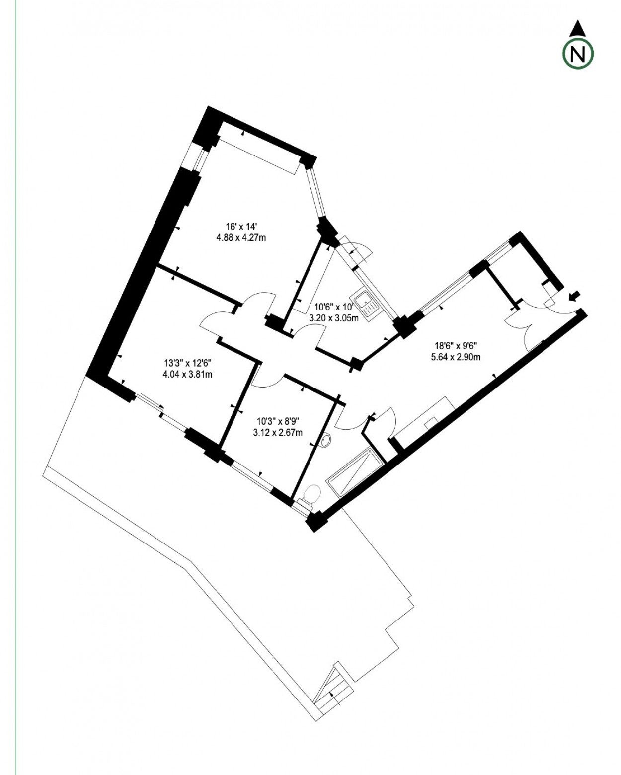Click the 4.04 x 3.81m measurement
[188, 375]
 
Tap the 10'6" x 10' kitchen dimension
[335, 307]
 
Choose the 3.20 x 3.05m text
[334, 318]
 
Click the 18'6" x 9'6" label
[456, 346]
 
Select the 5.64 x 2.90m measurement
[456, 357]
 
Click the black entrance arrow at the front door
[574, 296]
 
